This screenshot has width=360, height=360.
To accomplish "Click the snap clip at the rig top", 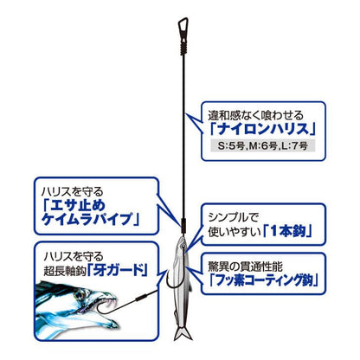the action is coord(183,28).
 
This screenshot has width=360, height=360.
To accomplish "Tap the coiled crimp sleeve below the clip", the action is coord(183,46).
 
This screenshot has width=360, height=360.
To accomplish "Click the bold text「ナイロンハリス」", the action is coord(263,129).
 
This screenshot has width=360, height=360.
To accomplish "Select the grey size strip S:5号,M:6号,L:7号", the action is coord(263,145).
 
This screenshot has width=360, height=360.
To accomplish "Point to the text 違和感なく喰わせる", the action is coord(256,115).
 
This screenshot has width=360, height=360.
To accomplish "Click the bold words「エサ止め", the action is coord(74,205).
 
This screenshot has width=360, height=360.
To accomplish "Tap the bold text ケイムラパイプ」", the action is coord(90,220).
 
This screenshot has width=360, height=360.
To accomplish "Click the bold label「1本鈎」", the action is coord(288,231).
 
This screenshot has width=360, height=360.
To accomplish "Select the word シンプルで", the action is coord(234,217).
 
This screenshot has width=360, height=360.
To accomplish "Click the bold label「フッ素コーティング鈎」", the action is coord(263,280).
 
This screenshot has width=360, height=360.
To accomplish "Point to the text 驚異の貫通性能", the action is coord(246,267).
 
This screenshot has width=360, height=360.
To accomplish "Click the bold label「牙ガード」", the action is coord(118,270).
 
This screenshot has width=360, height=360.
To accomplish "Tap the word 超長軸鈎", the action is coord(65,272).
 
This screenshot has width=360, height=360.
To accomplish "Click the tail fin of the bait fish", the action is coord(183,332).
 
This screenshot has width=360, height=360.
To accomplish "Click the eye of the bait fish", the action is coord(183,245).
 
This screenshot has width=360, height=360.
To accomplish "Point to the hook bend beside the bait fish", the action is coord(173,284).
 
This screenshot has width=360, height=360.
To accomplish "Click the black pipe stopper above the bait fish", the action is coord(183,226).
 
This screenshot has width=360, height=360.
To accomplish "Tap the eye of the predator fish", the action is coord(79,295).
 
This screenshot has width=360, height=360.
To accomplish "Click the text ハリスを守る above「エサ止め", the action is coord(72,192).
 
